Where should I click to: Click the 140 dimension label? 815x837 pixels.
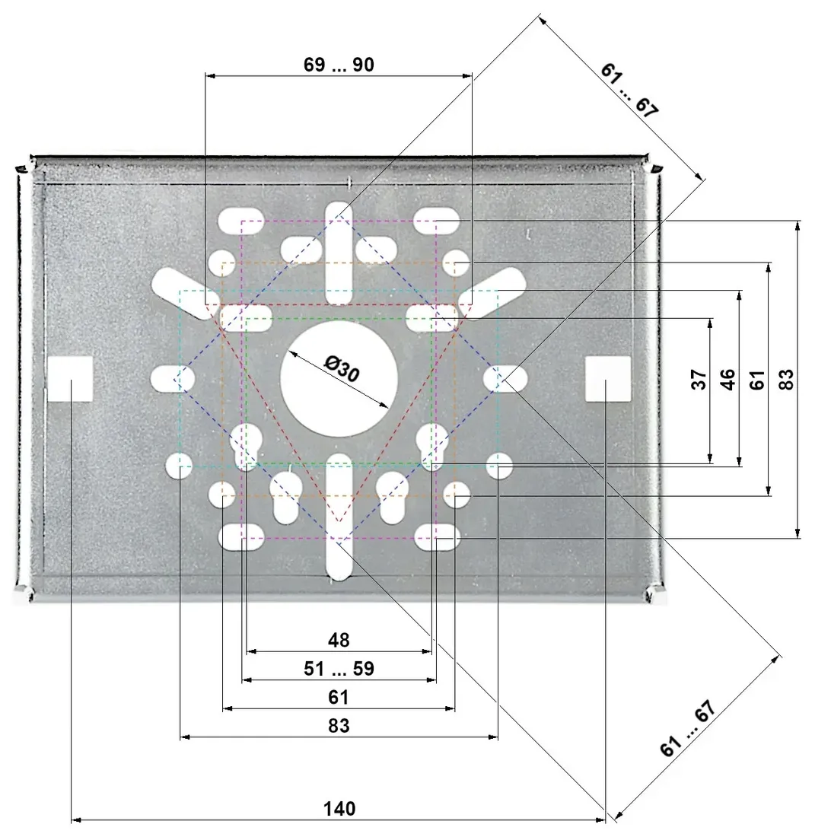click(x=339, y=809)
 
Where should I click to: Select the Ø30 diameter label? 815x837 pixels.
click(x=342, y=368)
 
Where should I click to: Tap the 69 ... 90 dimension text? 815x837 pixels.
click(x=339, y=65)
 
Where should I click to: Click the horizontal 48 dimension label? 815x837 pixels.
click(x=339, y=639)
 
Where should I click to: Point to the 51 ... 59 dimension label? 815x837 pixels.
click(x=339, y=668)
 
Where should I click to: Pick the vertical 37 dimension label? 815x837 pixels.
click(x=699, y=379)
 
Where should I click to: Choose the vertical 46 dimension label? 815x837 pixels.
click(x=728, y=379)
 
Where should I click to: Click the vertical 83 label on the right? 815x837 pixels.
click(x=787, y=379)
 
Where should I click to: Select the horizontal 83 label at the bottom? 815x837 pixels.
click(x=339, y=726)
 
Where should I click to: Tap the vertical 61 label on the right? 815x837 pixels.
click(x=757, y=379)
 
